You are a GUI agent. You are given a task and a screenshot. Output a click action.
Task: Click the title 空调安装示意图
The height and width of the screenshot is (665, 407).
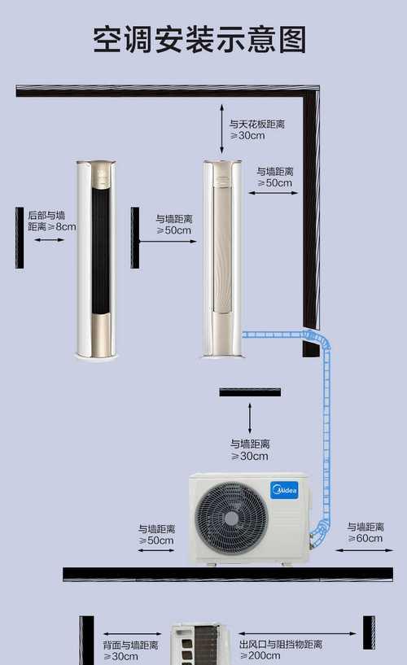(199, 39)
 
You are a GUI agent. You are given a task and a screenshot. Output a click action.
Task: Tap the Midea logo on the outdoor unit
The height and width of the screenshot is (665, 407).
(284, 490)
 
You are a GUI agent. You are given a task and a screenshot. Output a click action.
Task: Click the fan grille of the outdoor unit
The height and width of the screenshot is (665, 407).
(231, 518)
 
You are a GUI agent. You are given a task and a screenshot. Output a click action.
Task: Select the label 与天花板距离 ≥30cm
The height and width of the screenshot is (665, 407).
(257, 129)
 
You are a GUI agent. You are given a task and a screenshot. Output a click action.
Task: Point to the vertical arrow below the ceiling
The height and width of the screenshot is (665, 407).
(221, 129)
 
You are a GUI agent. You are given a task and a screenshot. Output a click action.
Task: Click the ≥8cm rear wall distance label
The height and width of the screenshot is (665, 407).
(52, 221)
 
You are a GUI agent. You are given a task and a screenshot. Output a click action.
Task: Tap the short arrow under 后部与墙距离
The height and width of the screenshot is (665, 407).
(49, 240)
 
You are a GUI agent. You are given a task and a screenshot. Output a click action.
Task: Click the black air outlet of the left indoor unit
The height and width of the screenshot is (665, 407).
(100, 250)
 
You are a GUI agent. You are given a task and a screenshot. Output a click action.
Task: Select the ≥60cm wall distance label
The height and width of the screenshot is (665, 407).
(365, 532)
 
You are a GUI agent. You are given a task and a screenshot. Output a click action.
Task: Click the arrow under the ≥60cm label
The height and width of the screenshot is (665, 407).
(365, 550)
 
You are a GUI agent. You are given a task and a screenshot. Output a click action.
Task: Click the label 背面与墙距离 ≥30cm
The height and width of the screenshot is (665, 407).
(130, 651)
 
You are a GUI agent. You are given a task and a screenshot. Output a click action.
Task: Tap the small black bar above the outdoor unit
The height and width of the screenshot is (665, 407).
(250, 392)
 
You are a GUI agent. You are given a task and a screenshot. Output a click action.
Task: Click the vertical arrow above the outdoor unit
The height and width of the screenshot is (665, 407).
(250, 418)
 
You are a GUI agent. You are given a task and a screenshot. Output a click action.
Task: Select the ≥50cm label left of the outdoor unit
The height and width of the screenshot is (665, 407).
(156, 535)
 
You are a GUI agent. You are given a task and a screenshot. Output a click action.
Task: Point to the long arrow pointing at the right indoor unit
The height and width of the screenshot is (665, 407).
(168, 241)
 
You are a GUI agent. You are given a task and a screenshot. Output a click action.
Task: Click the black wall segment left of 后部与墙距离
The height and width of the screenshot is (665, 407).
(20, 238)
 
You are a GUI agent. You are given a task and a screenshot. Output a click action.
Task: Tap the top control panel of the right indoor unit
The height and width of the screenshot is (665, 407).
(222, 175)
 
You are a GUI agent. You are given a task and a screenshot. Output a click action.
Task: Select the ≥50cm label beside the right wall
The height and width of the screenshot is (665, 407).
(275, 177)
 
